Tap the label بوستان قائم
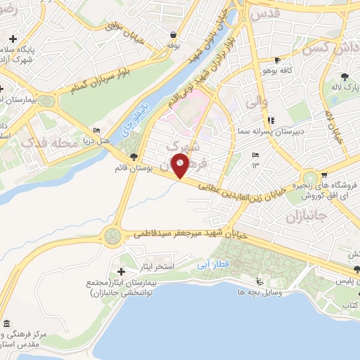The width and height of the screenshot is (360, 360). coord(134,169)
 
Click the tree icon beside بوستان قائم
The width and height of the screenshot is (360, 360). coord(134,156)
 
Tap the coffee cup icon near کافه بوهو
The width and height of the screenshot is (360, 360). coord(278,60)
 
